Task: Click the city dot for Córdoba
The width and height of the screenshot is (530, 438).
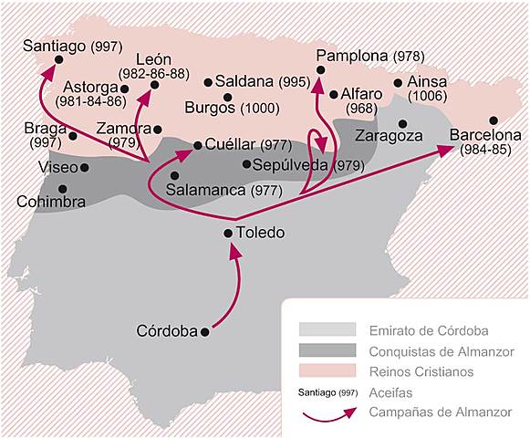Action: pyautogui.click(x=204, y=331)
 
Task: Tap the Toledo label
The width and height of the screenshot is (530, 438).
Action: pyautogui.click(x=260, y=233)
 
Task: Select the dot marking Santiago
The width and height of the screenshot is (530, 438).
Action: pyautogui.click(x=58, y=60)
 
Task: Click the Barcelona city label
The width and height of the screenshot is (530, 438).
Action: pyautogui.click(x=485, y=135)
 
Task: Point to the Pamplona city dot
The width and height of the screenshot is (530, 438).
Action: pyautogui.click(x=320, y=70)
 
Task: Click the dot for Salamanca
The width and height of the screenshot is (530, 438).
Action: pyautogui.click(x=175, y=175)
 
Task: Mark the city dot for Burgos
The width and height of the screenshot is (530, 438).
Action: pyautogui.click(x=227, y=97)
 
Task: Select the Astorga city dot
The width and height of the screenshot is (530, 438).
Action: pyautogui.click(x=124, y=89)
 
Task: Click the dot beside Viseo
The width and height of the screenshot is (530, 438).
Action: pyautogui.click(x=85, y=167)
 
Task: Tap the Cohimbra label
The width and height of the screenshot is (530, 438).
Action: pyautogui.click(x=52, y=201)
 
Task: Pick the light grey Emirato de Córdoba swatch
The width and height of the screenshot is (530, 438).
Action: pyautogui.click(x=326, y=329)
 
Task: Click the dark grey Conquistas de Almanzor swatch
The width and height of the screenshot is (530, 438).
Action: pyautogui.click(x=326, y=350)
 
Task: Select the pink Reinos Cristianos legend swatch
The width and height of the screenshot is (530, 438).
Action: pyautogui.click(x=326, y=371)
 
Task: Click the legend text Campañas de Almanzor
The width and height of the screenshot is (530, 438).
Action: pyautogui.click(x=441, y=412)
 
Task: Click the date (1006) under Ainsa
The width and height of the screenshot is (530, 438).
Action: pyautogui.click(x=427, y=95)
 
